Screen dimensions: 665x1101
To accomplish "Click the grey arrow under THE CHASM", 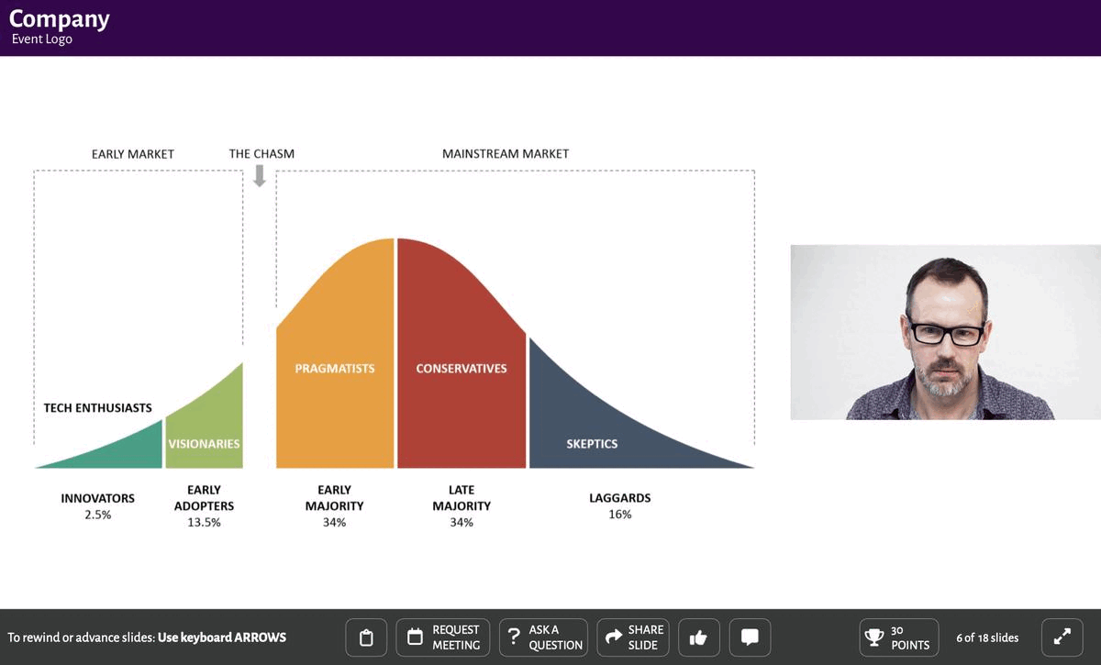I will tap(260, 175).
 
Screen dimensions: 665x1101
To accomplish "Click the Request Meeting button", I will tap(444, 637).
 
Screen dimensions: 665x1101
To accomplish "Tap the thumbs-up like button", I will tap(698, 637).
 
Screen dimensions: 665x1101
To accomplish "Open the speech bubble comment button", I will tap(750, 637).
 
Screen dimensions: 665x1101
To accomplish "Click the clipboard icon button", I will tap(366, 637).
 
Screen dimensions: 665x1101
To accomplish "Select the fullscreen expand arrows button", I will tap(1062, 637).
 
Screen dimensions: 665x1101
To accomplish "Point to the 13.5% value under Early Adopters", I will tap(204, 523).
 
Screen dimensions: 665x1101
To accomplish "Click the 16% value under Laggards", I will tap(620, 515).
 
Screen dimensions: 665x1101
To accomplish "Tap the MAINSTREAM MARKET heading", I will tap(506, 154).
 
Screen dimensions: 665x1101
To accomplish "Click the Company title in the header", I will tap(59, 18).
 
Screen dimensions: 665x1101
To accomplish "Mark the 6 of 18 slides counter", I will tap(987, 637).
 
